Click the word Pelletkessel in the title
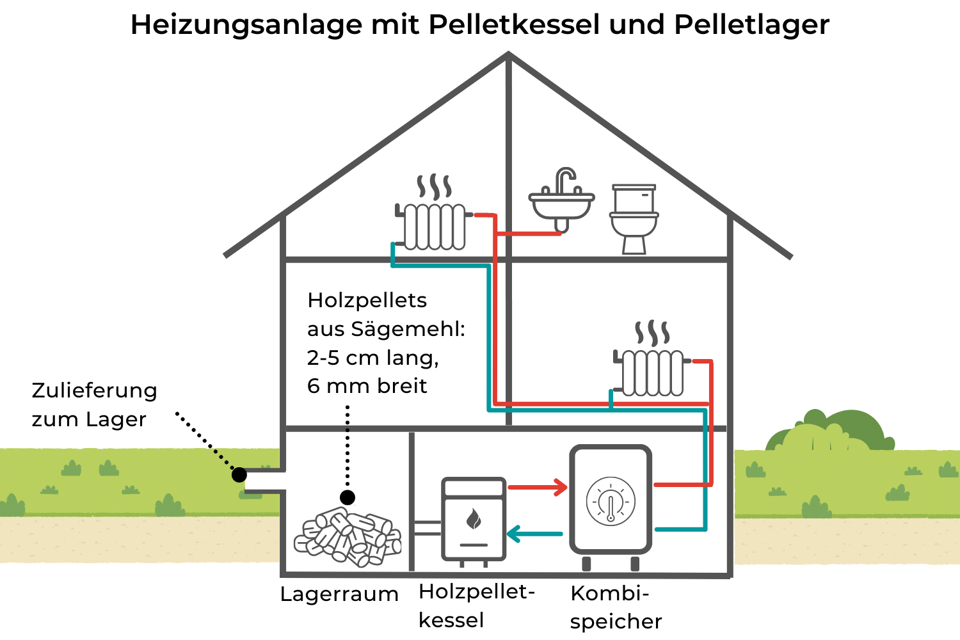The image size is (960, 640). click(515, 24)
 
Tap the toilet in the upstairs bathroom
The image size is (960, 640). click(634, 219)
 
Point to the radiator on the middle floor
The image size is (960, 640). click(651, 372)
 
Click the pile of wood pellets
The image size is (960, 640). click(348, 536)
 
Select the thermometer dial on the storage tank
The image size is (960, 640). click(611, 501)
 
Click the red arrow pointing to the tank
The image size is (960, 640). click(538, 488)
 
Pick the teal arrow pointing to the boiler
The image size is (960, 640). click(535, 533)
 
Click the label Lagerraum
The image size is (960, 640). click(339, 594)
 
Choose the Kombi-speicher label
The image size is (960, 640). click(615, 607)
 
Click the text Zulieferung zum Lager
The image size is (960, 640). click(94, 404)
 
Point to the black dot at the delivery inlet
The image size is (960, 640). click(239, 474)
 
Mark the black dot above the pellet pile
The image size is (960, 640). click(348, 497)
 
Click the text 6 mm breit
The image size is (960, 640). click(367, 386)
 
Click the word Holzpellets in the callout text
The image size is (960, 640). click(367, 300)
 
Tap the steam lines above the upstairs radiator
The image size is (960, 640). click(435, 186)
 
